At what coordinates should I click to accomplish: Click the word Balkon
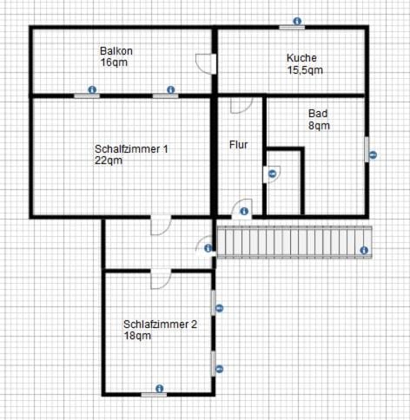point(116,51)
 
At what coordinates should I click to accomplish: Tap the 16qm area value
point(114,63)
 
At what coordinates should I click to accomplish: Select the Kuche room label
point(302,58)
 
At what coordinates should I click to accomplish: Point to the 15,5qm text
point(306,70)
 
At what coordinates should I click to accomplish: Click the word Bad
point(317,113)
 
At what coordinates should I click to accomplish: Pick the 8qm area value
point(319,126)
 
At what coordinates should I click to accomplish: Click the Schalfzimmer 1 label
point(131,149)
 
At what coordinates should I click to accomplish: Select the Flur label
point(239,145)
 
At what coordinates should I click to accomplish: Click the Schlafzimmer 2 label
point(160,325)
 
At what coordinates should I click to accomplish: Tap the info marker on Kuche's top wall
point(297,21)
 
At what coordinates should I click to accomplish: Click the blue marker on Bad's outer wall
point(373,155)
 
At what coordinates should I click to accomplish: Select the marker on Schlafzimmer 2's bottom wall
point(159,388)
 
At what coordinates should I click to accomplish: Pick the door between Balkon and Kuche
point(207,64)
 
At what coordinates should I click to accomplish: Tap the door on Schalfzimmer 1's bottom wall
point(161,225)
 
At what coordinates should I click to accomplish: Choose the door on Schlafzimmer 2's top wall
point(161,279)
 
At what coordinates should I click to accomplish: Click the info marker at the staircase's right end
point(364,251)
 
